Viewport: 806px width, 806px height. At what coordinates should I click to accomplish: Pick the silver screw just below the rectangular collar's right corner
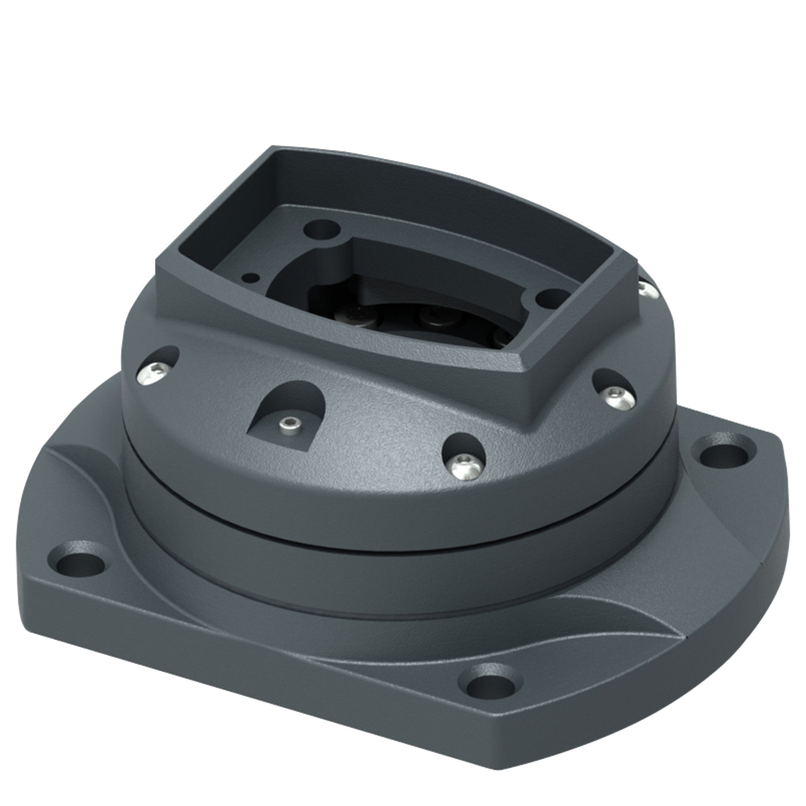pos(614,395)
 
